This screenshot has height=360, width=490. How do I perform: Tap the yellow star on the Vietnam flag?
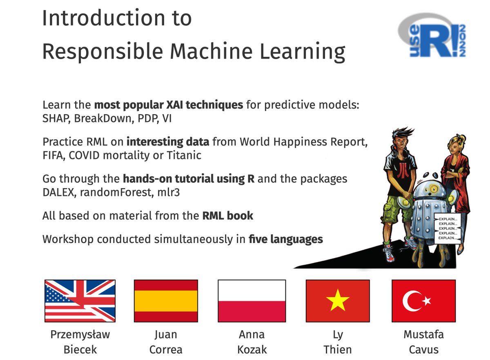pyautogui.click(x=338, y=302)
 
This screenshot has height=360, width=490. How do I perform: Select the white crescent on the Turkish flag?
pyautogui.click(x=411, y=301)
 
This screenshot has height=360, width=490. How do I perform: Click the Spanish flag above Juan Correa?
pyautogui.click(x=166, y=301)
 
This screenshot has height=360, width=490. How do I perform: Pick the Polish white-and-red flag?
pyautogui.click(x=252, y=301)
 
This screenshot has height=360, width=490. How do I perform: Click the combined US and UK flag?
pyautogui.click(x=80, y=301)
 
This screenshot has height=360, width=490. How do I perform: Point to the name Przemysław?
pyautogui.click(x=80, y=335)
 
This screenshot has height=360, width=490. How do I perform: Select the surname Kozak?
pyautogui.click(x=252, y=350)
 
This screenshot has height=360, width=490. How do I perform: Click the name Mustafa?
pyautogui.click(x=423, y=335)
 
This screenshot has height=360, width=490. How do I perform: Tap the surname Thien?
pyautogui.click(x=338, y=350)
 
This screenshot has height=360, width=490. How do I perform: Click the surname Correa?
pyautogui.click(x=166, y=350)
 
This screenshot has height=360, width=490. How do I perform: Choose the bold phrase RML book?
pyautogui.click(x=228, y=216)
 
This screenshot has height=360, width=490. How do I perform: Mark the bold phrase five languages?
pyautogui.click(x=285, y=239)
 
